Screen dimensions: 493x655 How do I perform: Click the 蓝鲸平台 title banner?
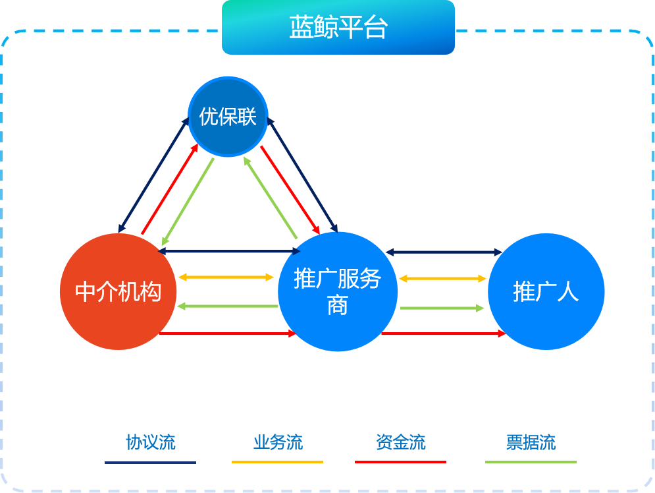[338, 28]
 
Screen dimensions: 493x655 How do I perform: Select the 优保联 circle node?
[228, 117]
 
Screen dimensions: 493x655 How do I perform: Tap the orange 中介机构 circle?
[118, 291]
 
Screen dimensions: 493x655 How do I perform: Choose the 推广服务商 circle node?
[338, 291]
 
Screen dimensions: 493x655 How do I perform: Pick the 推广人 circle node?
[546, 291]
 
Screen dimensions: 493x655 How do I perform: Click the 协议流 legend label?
[151, 442]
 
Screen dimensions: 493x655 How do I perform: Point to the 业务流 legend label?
[278, 442]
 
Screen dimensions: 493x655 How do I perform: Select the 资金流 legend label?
[401, 442]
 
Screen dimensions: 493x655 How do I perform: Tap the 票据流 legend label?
[531, 442]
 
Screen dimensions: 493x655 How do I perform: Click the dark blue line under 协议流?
[151, 462]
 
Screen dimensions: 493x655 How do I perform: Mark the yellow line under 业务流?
[278, 462]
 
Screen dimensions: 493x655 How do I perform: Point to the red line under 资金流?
[401, 462]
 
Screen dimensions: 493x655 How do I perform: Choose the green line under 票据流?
[531, 462]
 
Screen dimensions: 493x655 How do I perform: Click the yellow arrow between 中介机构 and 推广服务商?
[226, 277]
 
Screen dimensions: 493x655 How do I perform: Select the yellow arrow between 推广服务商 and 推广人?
[442, 279]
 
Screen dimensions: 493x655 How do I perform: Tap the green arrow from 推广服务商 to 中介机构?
[227, 306]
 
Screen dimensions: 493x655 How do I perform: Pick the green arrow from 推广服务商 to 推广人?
[442, 308]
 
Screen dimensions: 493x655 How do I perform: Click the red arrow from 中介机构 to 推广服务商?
[227, 334]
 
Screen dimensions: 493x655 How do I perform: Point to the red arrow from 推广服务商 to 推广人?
[442, 334]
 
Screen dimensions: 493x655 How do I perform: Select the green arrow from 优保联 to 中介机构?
[188, 202]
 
